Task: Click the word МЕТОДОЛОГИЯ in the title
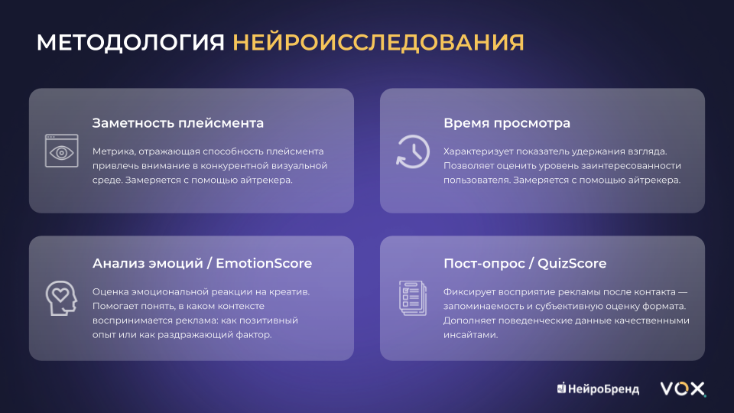(x=131, y=43)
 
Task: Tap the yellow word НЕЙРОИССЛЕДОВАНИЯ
(x=378, y=42)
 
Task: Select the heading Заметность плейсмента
(x=178, y=123)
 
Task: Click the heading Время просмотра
(x=507, y=123)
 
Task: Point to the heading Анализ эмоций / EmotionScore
(x=202, y=263)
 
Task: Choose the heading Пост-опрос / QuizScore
(x=525, y=263)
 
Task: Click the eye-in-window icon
(x=61, y=151)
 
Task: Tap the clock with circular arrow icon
(x=412, y=151)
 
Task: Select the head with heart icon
(x=61, y=298)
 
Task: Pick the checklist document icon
(x=412, y=298)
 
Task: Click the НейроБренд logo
(x=598, y=389)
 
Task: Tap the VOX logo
(x=683, y=389)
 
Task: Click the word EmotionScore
(x=264, y=263)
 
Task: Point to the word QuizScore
(x=572, y=263)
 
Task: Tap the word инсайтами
(x=470, y=335)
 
